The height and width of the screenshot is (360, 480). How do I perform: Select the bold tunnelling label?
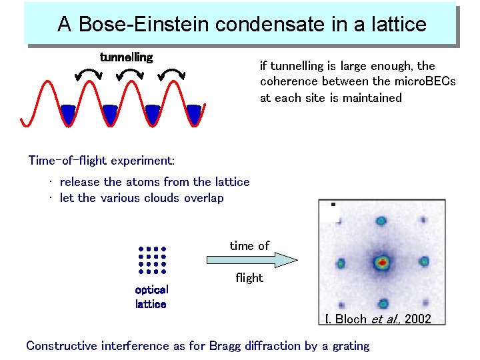click(126, 57)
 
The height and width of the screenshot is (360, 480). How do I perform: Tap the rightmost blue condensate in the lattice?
click(193, 114)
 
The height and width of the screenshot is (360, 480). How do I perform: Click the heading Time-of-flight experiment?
click(101, 161)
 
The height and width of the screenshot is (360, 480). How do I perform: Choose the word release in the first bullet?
click(80, 182)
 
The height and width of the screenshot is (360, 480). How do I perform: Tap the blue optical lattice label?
click(151, 297)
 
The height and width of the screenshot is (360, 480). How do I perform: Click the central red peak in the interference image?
click(382, 262)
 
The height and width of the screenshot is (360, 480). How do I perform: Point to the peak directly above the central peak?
click(381, 221)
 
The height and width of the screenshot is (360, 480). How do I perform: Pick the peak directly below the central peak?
click(383, 303)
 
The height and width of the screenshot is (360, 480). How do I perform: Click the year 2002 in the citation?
click(417, 319)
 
